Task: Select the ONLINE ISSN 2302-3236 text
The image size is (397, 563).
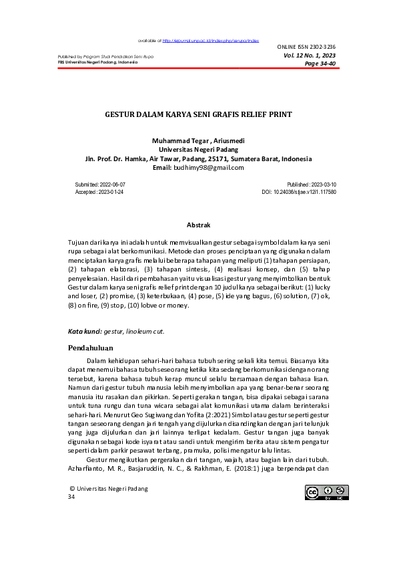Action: coord(306,47)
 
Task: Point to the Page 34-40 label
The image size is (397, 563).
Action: coord(320,64)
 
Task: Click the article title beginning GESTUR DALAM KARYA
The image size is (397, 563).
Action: coord(198,114)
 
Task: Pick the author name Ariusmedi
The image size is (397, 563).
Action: coord(228,142)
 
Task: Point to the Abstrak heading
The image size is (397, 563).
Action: coord(198,226)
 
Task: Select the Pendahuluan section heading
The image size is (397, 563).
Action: coord(91,348)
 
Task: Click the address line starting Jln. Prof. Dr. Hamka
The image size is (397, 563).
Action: coord(198,159)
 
